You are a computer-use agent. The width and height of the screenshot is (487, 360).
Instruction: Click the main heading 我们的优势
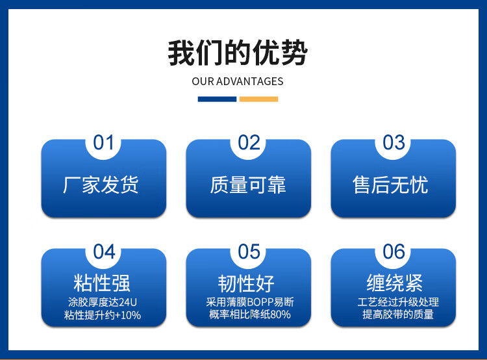tap(238, 53)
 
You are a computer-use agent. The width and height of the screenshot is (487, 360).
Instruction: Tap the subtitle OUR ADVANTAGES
tap(238, 81)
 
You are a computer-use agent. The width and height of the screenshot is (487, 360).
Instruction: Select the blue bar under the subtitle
tap(217, 99)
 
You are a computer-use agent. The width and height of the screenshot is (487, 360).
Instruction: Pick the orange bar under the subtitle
tap(258, 99)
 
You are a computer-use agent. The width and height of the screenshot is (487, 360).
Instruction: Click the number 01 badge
tap(103, 143)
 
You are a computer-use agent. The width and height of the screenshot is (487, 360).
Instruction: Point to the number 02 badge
tap(249, 143)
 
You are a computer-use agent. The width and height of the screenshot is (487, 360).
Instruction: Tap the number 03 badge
tap(393, 143)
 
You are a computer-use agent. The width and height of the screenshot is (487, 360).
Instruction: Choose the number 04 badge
tap(104, 251)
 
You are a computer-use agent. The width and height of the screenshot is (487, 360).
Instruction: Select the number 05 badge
tap(249, 251)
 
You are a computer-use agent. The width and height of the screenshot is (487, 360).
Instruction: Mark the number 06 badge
tap(393, 251)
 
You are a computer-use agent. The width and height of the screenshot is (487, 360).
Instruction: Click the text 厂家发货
tap(101, 185)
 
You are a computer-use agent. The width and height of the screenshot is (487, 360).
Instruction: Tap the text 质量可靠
tap(248, 185)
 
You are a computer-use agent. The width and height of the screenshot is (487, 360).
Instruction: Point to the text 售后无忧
tap(390, 185)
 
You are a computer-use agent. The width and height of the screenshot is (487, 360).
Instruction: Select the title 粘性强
tap(102, 283)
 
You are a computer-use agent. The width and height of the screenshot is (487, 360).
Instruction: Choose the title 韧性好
tap(246, 283)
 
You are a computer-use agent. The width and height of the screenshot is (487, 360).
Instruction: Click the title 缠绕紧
tap(395, 283)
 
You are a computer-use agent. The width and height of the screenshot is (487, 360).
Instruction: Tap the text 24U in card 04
tap(128, 302)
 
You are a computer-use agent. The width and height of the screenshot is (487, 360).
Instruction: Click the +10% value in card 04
tap(128, 315)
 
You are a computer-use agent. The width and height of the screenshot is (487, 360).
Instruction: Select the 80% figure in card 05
tap(281, 315)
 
